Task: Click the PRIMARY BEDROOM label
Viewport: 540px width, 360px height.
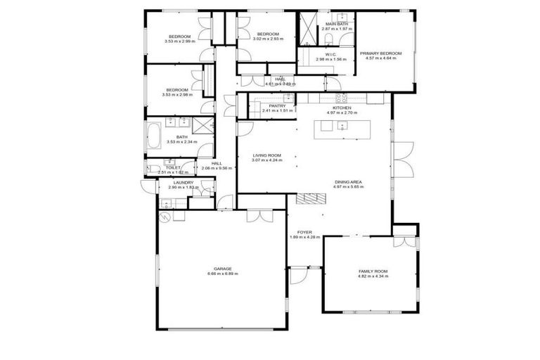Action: pos(380,53)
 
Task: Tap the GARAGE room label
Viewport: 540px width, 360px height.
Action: pos(223,268)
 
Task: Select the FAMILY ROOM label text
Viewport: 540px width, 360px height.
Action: pos(373,271)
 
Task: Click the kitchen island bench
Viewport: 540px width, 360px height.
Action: pos(342,126)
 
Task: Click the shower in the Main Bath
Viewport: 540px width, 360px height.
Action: pos(308,28)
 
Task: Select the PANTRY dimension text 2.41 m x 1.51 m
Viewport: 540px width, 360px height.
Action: pos(276,110)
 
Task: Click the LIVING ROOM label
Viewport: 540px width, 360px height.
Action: pos(267,155)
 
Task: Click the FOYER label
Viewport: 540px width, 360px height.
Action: pos(304,231)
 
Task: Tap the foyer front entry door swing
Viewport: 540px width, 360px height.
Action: pos(297,274)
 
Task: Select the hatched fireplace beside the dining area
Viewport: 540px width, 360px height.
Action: pos(307,200)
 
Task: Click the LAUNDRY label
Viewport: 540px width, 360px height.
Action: pos(182,182)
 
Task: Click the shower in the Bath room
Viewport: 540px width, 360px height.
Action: pos(204,125)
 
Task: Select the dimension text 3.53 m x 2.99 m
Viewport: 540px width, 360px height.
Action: pos(179,41)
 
